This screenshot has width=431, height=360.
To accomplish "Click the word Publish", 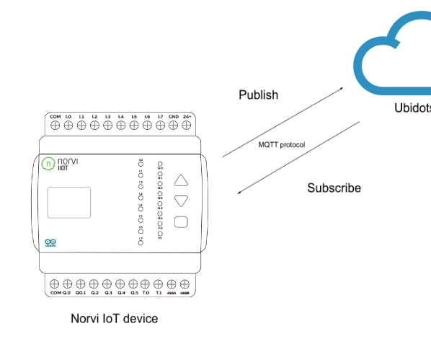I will (258, 95).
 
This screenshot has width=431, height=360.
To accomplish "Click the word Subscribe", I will (334, 188).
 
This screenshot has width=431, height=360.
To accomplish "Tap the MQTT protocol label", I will (282, 145).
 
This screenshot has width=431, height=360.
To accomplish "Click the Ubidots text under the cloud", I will (412, 108).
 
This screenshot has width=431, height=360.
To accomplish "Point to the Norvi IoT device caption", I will (114, 318).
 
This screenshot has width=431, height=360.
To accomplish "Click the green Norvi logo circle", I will (48, 163).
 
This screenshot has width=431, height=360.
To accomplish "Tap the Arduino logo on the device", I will (50, 243).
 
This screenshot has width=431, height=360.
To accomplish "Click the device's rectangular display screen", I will (69, 203).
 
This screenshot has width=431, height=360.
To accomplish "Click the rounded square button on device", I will (182, 222).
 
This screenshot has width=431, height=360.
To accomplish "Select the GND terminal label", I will (174, 116).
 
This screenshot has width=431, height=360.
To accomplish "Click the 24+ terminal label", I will (187, 116).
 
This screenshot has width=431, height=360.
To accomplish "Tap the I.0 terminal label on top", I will (68, 116).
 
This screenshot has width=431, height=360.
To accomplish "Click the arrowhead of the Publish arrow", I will (342, 89).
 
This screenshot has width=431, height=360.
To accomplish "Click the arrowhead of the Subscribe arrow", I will (240, 192).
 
